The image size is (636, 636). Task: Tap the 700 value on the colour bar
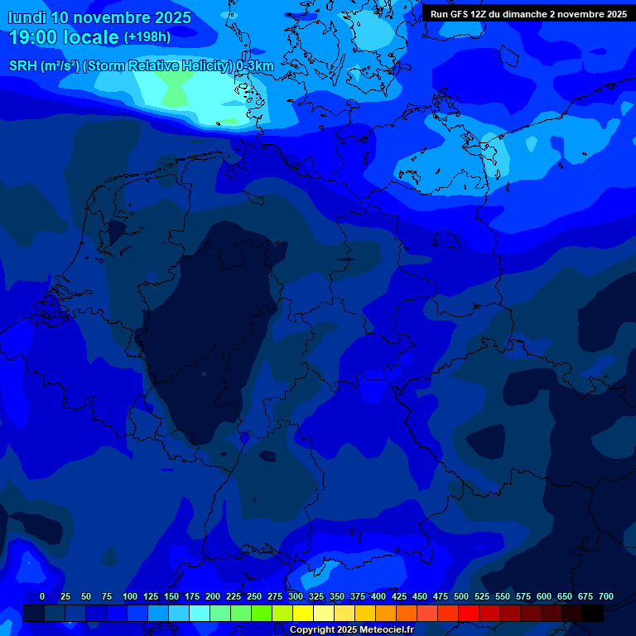click(606, 596)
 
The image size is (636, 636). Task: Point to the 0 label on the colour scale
click(42, 596)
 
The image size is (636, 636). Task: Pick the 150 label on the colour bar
click(171, 596)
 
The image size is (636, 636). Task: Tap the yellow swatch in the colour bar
click(303, 614)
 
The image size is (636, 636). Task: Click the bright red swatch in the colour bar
click(469, 614)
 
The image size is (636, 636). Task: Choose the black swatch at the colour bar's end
click(593, 614)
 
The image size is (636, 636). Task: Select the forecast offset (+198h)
click(147, 37)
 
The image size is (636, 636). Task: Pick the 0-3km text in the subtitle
click(254, 66)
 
